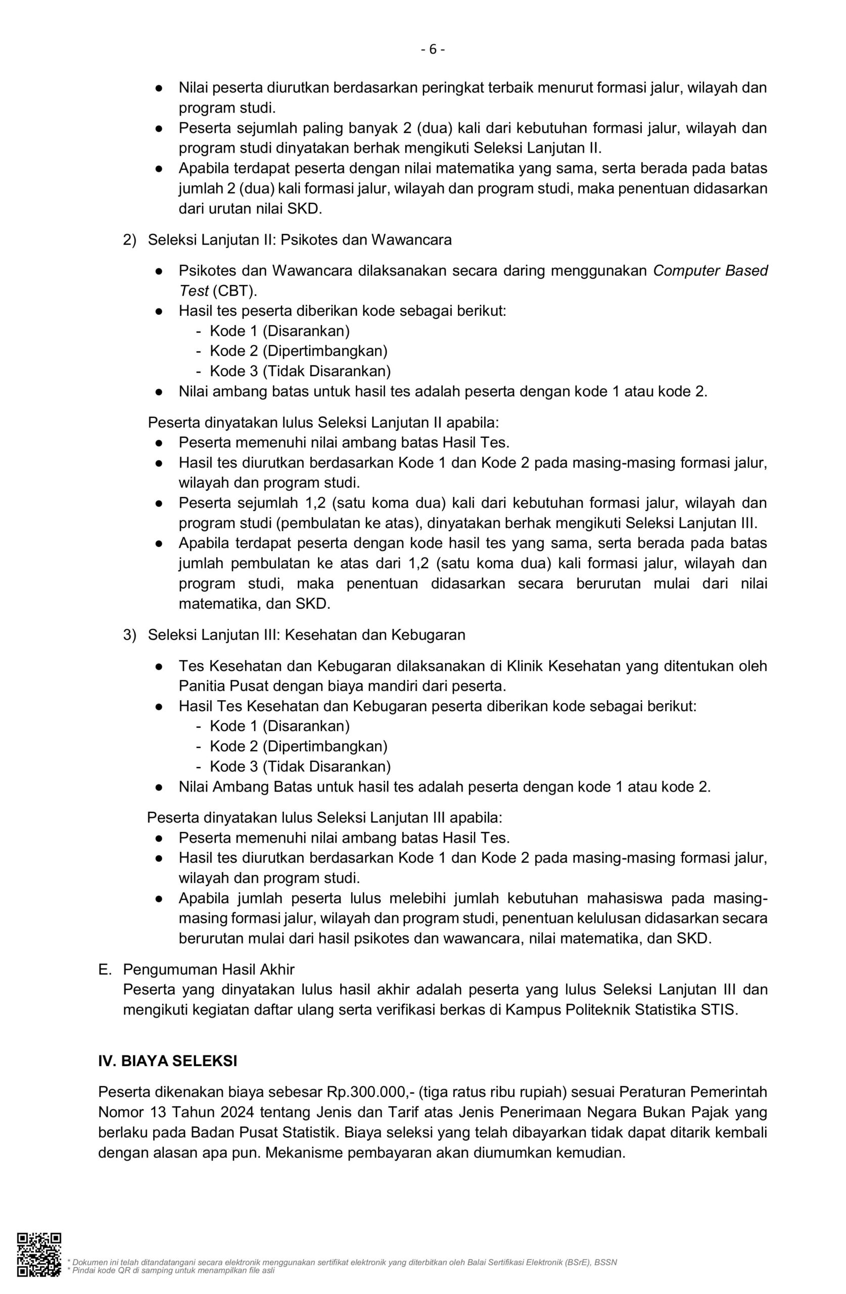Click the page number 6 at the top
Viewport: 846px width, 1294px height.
pos(433,50)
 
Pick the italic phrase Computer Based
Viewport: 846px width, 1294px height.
pos(710,271)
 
